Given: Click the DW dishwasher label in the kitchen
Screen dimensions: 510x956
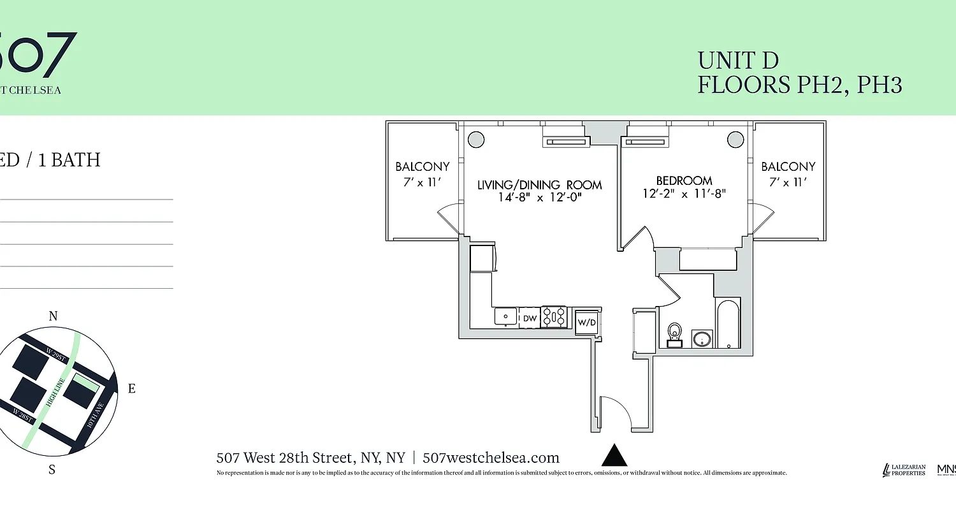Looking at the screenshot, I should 530,317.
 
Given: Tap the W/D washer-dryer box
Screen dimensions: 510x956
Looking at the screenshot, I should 586,322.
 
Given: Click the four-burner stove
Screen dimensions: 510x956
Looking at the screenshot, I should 554,317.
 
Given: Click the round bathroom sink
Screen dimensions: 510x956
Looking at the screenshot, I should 702,338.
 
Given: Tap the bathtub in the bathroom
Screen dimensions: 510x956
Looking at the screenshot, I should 727,323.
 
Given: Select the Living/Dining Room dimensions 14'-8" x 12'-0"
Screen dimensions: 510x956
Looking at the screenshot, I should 540,198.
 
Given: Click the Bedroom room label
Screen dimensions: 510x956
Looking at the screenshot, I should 684,180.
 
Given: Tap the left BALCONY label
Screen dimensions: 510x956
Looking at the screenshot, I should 423,166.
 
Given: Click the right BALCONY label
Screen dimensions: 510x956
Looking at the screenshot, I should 788,166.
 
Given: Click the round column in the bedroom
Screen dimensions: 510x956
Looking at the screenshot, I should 735,139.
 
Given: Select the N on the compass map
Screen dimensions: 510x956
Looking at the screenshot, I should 54,316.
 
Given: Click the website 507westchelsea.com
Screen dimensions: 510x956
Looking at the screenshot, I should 491,458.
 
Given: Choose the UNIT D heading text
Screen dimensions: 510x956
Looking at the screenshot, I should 738,61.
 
